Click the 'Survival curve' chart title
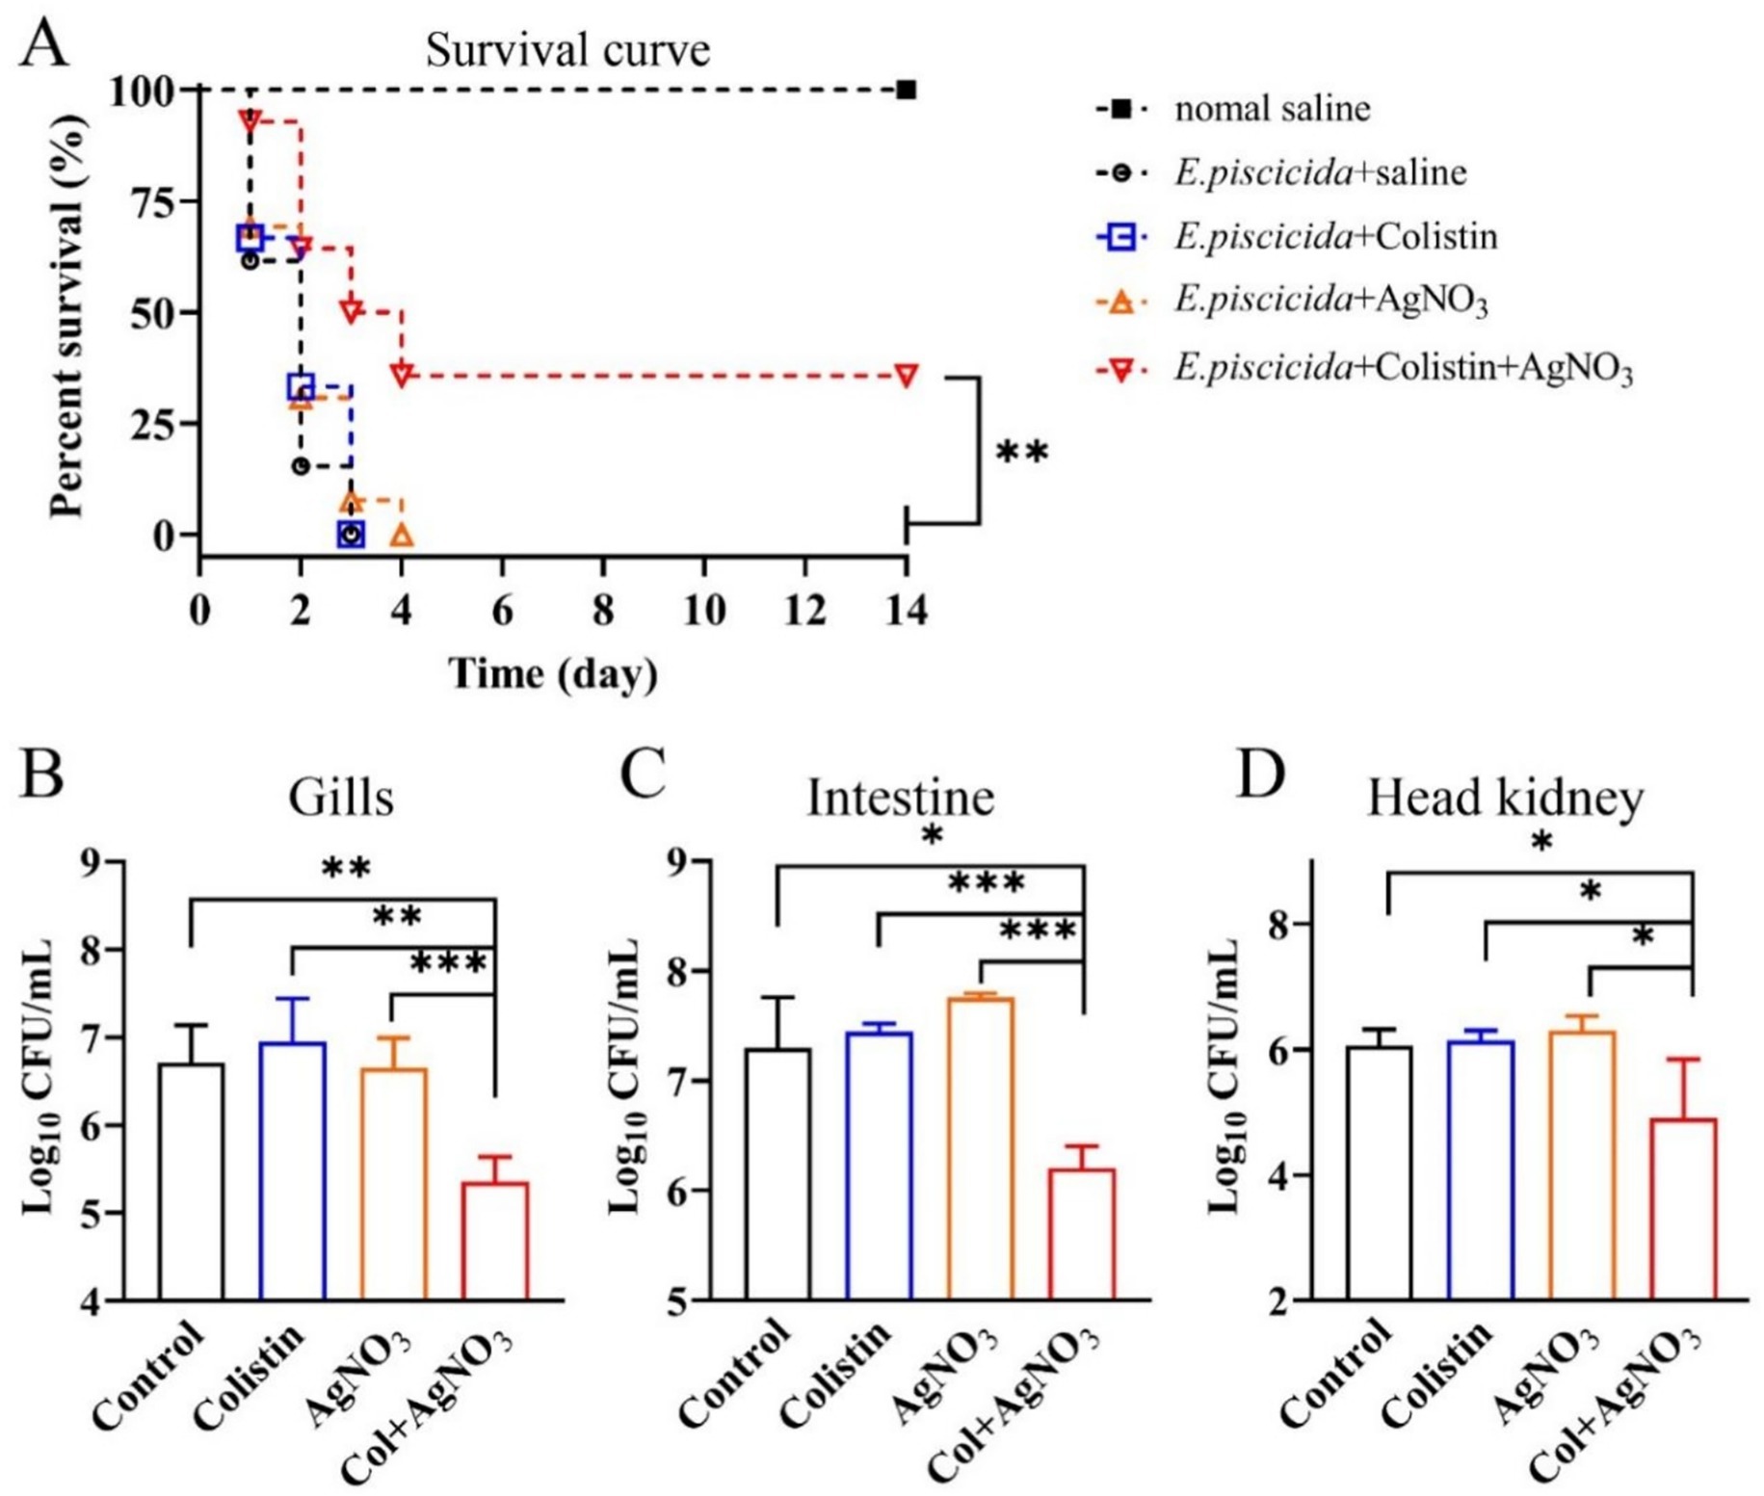click(567, 50)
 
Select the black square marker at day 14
click(906, 91)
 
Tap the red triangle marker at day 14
click(906, 375)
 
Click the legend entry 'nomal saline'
click(1272, 109)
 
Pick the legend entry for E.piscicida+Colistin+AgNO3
click(1403, 367)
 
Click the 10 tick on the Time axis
click(704, 611)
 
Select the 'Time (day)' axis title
click(553, 673)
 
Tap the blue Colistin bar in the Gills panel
click(293, 1170)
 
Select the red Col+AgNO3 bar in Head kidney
click(1683, 1209)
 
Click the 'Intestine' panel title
click(900, 798)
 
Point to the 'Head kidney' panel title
click(1505, 798)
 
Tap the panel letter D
click(1261, 774)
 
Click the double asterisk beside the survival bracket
click(1021, 452)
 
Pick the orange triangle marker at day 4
click(402, 535)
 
